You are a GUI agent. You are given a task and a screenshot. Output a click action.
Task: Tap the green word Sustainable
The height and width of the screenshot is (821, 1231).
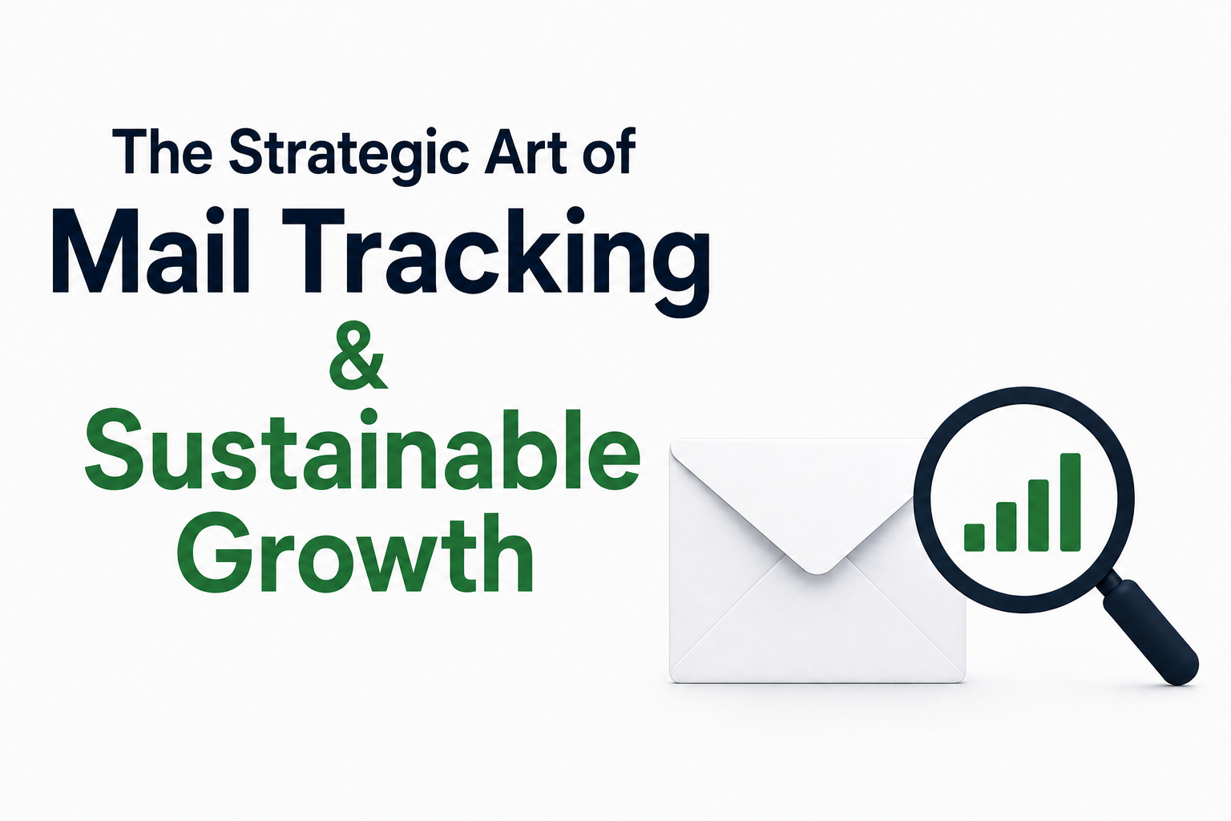pyautogui.click(x=362, y=450)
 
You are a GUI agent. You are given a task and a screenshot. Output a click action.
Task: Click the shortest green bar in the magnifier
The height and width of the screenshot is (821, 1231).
pyautogui.click(x=975, y=537)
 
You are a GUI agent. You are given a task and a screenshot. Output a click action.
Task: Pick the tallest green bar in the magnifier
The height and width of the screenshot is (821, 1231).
pyautogui.click(x=1070, y=502)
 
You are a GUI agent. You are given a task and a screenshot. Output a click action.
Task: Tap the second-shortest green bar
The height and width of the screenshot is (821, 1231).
pyautogui.click(x=1006, y=526)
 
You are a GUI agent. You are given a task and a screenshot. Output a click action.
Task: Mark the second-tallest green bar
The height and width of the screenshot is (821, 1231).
pyautogui.click(x=1038, y=516)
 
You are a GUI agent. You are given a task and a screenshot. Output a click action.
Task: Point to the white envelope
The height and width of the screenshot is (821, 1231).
pyautogui.click(x=817, y=561)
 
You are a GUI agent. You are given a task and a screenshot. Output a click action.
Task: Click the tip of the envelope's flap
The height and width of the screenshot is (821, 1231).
pyautogui.click(x=817, y=573)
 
